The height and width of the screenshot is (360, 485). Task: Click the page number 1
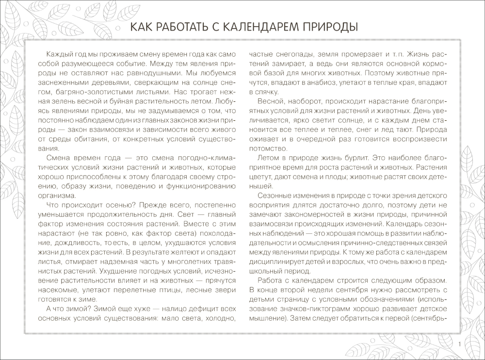(459, 344)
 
